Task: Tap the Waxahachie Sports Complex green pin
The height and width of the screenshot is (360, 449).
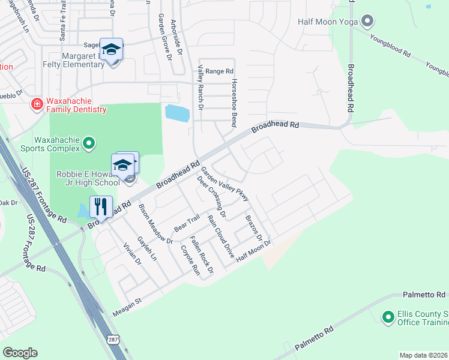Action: coord(89,143)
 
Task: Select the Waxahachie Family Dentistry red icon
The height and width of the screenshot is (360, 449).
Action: coord(37,104)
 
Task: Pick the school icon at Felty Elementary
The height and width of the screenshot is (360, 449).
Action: coord(111,49)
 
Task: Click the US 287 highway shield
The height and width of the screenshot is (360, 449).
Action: coord(113,340)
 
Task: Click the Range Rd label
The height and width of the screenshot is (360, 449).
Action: coord(219,71)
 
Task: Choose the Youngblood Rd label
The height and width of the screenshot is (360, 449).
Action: coord(390,45)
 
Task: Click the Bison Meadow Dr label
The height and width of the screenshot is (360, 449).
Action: coord(155,224)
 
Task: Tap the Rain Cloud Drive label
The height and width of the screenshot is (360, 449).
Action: coord(220,236)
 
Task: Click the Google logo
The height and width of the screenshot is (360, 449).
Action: coord(20,353)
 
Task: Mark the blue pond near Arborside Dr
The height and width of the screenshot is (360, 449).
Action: coord(177,112)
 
